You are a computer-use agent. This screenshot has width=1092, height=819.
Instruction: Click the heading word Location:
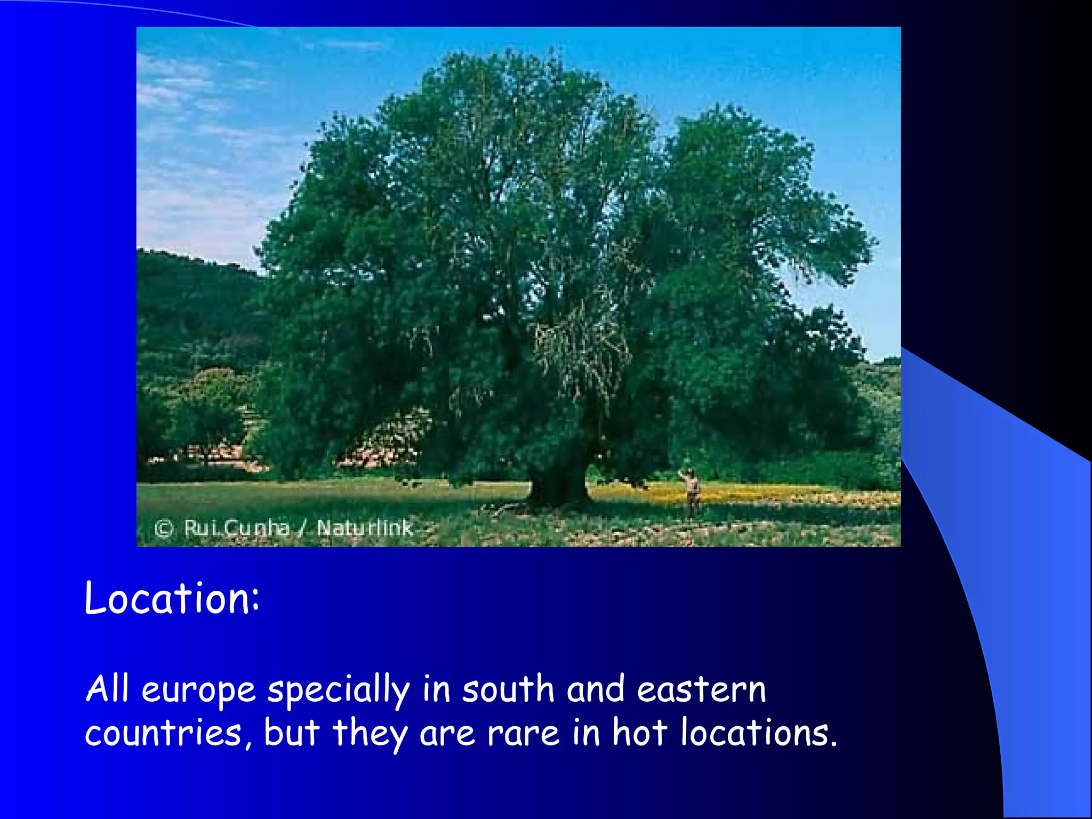click(172, 598)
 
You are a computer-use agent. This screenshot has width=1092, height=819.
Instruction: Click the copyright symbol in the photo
click(164, 528)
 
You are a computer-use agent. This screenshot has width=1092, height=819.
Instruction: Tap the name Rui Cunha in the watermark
click(236, 528)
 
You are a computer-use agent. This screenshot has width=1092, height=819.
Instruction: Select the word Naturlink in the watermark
click(365, 528)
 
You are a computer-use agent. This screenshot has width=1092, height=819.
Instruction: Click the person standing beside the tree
click(692, 491)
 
